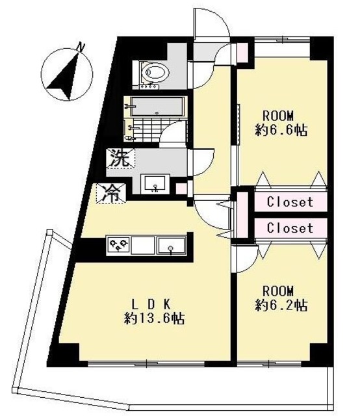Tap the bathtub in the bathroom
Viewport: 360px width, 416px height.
pyautogui.click(x=158, y=107)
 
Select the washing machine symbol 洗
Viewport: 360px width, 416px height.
pyautogui.click(x=121, y=158)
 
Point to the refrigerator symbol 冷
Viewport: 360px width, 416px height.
pyautogui.click(x=111, y=194)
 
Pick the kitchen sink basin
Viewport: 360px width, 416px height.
pyautogui.click(x=171, y=246)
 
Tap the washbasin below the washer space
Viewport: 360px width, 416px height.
pyautogui.click(x=155, y=183)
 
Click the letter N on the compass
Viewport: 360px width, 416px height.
pyautogui.click(x=80, y=47)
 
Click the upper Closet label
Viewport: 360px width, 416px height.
pyautogui.click(x=290, y=202)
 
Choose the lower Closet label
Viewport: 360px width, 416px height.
pyautogui.click(x=290, y=228)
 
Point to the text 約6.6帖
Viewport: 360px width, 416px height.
pyautogui.click(x=281, y=130)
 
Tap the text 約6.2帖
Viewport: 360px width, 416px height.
pyautogui.click(x=281, y=305)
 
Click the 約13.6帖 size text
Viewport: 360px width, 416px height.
pyautogui.click(x=155, y=318)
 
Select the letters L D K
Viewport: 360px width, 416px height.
pyautogui.click(x=151, y=304)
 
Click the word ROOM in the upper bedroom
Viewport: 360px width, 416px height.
pyautogui.click(x=278, y=116)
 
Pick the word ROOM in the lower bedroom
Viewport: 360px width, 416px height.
pyautogui.click(x=278, y=291)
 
